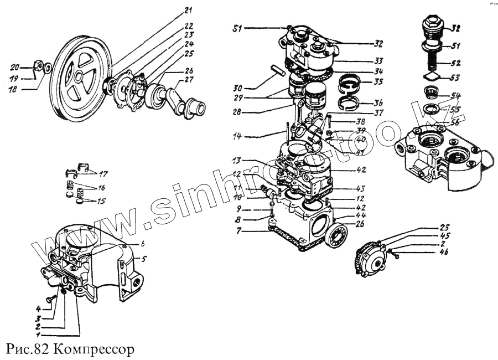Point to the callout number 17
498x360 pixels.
pyautogui.click(x=103, y=172)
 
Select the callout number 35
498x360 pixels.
pyautogui.click(x=378, y=81)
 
